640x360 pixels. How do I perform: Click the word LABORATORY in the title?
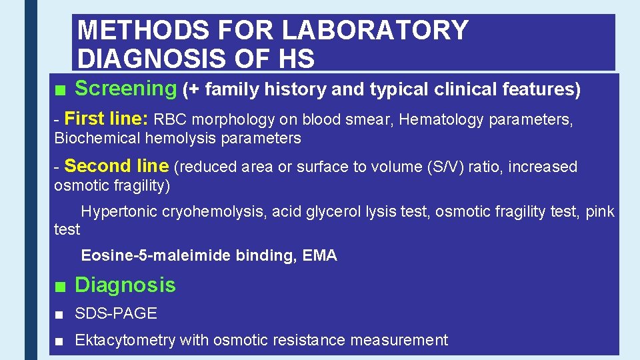coord(375,30)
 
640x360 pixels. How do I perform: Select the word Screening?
coord(125,88)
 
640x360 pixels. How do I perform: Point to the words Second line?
coord(117,166)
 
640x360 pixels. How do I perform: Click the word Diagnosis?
coord(125,285)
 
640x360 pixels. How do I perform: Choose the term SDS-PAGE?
coord(116,313)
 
